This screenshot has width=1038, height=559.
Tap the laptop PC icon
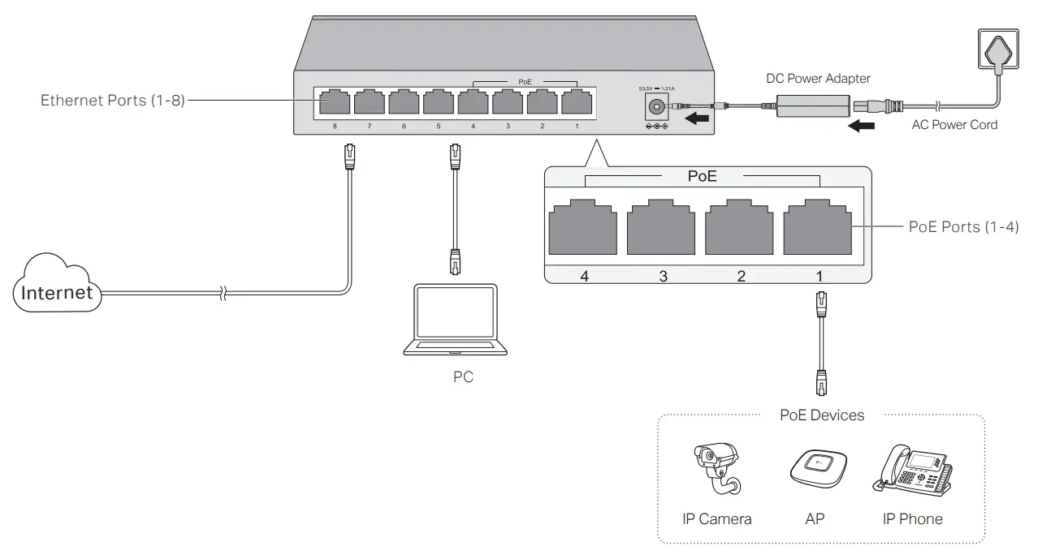(455, 320)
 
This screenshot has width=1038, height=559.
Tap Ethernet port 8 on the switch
(334, 103)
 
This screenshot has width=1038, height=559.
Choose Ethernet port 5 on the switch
(438, 103)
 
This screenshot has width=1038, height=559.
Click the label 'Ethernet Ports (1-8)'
(113, 101)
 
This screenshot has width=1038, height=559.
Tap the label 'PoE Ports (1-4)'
(963, 227)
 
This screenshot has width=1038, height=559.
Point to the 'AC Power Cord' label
(955, 125)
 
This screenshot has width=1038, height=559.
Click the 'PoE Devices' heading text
(821, 415)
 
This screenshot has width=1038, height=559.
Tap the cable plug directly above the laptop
(455, 262)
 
